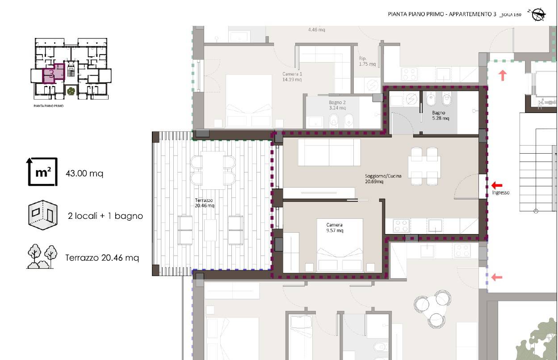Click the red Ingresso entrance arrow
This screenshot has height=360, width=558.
tap(496, 185)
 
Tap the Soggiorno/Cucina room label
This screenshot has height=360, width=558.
tap(383, 179)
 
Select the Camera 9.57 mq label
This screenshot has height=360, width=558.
tap(335, 227)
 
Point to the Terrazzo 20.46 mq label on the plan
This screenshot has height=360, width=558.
tap(204, 203)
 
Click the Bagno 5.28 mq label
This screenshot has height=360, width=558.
tap(441, 115)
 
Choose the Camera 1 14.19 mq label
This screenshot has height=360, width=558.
tap(292, 77)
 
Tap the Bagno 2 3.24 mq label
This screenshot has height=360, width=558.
tap(337, 105)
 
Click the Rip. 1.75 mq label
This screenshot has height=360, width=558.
tap(367, 61)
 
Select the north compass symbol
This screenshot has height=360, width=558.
tap(537, 14)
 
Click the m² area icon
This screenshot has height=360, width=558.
tap(42, 172)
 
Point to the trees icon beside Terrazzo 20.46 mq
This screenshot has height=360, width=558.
tap(42, 256)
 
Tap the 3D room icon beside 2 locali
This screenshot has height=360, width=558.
tap(43, 215)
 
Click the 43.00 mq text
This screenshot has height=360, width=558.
tap(84, 173)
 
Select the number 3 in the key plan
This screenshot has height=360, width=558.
tap(51, 74)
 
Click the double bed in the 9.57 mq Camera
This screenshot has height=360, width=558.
tap(340, 245)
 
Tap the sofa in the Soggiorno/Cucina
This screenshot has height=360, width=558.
tap(329, 152)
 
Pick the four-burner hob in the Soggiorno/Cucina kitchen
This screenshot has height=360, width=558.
tap(401, 226)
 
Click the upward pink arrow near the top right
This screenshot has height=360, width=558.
tap(503, 75)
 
